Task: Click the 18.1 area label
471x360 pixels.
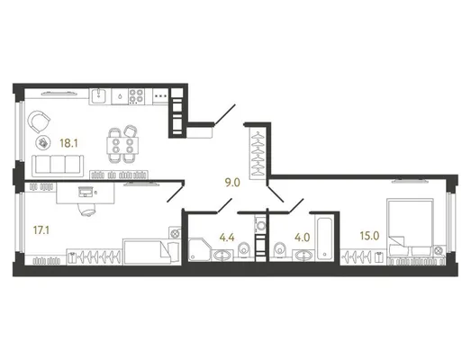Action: click(x=68, y=143)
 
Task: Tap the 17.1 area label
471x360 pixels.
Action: click(x=41, y=230)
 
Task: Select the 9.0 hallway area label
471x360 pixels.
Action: click(x=232, y=183)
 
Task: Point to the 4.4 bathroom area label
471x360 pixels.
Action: click(x=227, y=238)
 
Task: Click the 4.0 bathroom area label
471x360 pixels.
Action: click(x=302, y=238)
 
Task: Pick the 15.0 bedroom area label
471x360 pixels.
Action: click(x=369, y=236)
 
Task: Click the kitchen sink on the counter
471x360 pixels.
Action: click(x=98, y=95)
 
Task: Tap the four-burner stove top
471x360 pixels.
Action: click(x=136, y=96)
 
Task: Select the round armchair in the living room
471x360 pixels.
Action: click(x=39, y=121)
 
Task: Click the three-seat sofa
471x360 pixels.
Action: click(x=58, y=165)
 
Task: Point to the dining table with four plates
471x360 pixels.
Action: click(x=122, y=145)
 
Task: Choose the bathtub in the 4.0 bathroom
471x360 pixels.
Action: click(x=325, y=238)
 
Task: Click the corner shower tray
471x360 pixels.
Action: click(x=199, y=249)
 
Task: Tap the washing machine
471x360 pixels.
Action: click(x=261, y=225)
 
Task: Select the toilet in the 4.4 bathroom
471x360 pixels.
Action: click(x=244, y=250)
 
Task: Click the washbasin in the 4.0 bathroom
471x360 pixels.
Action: click(x=303, y=256)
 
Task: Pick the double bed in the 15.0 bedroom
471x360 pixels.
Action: click(x=411, y=229)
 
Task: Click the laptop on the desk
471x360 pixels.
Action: click(x=85, y=192)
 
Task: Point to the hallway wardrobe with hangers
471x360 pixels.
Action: click(x=258, y=153)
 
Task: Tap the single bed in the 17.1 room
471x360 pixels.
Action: click(x=151, y=252)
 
